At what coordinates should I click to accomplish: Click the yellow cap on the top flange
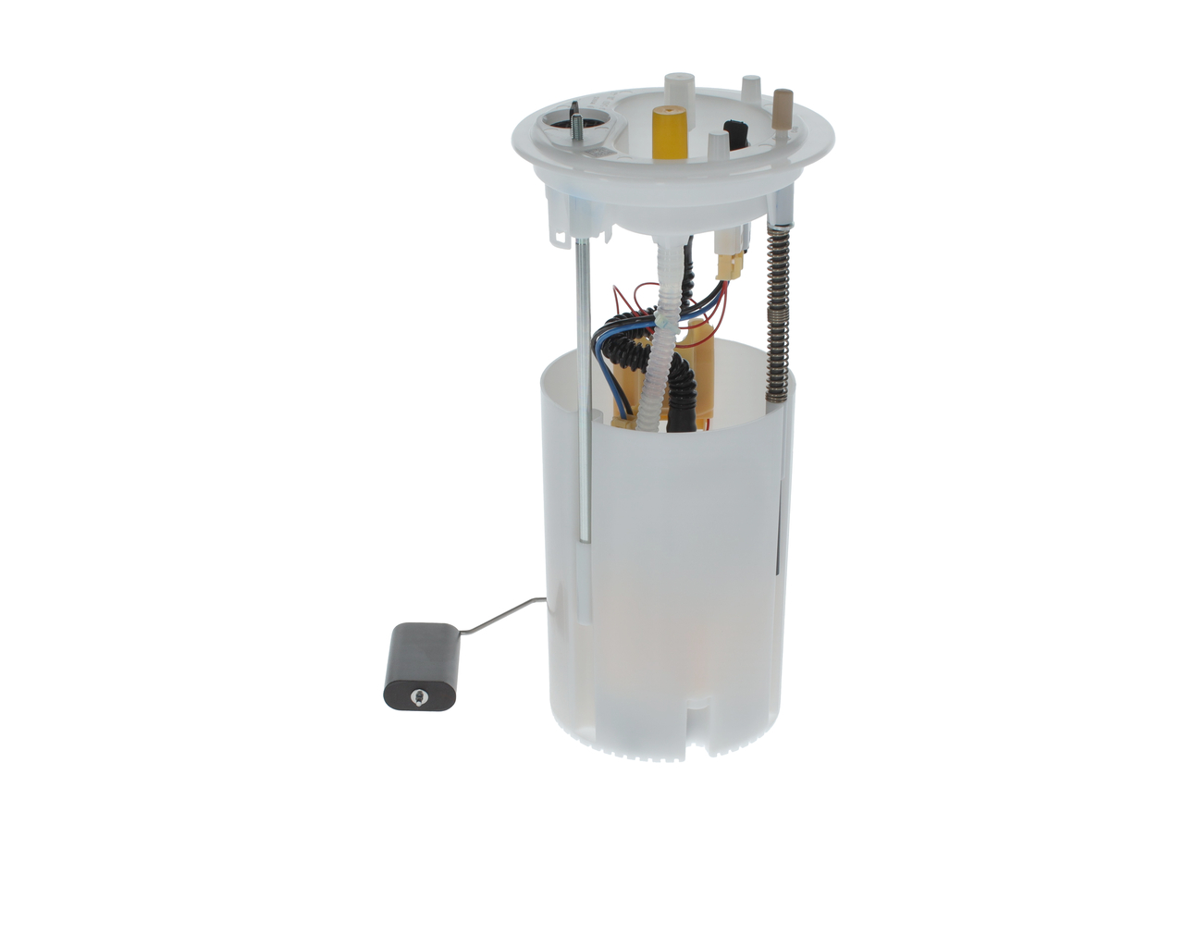point(668,132)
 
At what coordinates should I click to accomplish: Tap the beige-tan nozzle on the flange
point(783,105)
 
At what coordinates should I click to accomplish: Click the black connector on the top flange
point(736,133)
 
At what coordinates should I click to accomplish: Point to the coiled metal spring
point(778,314)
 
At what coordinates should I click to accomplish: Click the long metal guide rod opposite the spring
point(580,388)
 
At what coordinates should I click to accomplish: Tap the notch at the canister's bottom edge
point(700,731)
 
